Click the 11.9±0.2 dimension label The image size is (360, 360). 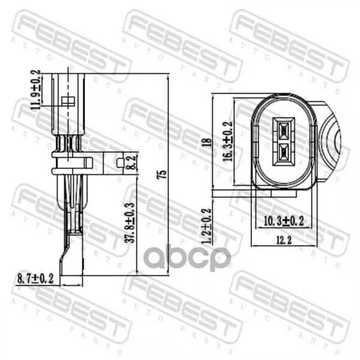(x=36, y=89)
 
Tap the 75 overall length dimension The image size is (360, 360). (x=163, y=175)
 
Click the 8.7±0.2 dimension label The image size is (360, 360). (x=35, y=278)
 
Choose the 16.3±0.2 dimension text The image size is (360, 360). (x=228, y=141)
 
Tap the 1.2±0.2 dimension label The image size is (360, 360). (x=206, y=226)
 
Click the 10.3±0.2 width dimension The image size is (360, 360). (x=284, y=221)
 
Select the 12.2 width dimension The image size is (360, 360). (x=284, y=241)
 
